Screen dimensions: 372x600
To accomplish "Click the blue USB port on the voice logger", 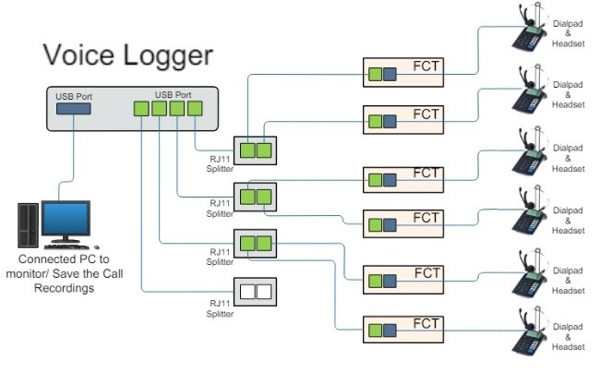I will (74, 110).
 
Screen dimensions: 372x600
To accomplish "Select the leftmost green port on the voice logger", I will (140, 109).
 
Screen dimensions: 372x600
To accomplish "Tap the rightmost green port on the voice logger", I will (195, 109).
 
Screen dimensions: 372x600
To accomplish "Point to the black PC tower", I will (27, 225).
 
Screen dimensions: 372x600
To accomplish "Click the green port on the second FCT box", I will (375, 121).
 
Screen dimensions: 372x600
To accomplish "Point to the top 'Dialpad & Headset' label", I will (568, 30).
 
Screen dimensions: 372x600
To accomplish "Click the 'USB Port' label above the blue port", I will (73, 94).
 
